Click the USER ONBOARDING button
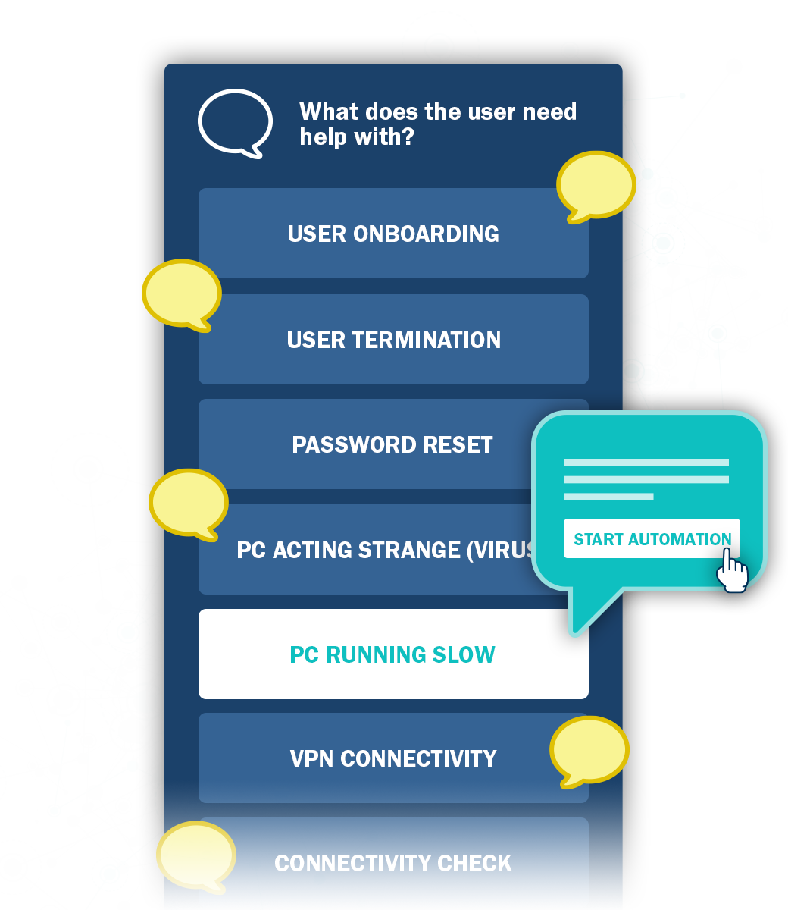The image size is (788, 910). click(x=393, y=234)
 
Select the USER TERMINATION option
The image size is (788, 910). click(x=393, y=340)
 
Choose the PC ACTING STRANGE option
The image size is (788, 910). click(x=371, y=550)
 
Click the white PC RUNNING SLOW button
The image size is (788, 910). click(x=393, y=654)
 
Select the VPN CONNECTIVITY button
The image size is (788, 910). click(x=393, y=758)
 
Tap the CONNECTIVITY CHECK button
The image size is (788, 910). click(x=393, y=863)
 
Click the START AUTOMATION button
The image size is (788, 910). click(x=652, y=539)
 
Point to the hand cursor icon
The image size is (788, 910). click(x=731, y=570)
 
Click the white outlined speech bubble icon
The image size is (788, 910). click(x=235, y=122)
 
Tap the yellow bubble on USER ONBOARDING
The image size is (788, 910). click(x=596, y=185)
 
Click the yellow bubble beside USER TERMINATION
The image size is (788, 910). click(x=182, y=293)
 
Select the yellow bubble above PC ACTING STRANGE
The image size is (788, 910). click(x=189, y=502)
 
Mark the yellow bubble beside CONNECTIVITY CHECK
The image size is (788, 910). click(x=195, y=855)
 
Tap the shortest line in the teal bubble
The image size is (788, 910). click(x=608, y=497)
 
